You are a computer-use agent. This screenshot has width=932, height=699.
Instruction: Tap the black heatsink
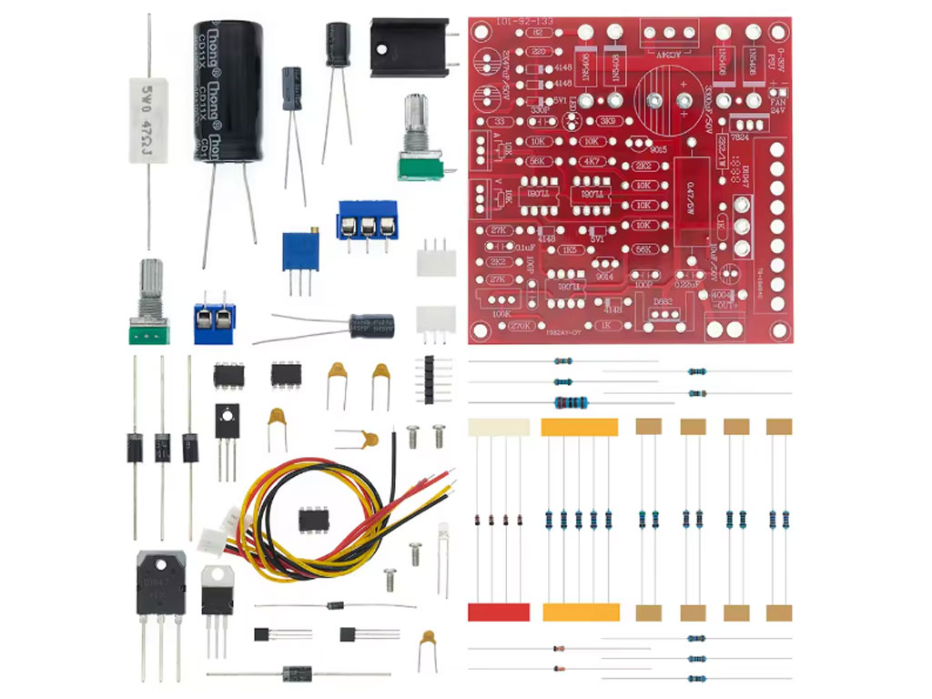(x=409, y=46)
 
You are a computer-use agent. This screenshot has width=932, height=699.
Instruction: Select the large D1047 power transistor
(x=161, y=582)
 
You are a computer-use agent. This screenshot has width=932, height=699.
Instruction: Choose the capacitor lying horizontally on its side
(x=373, y=326)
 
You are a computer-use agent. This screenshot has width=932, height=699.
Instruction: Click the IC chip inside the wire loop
(x=313, y=520)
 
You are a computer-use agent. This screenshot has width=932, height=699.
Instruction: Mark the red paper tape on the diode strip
(x=498, y=612)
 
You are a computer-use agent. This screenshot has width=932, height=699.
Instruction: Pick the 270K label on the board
(x=521, y=325)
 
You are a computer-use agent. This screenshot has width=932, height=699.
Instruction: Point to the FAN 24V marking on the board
(x=778, y=108)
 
